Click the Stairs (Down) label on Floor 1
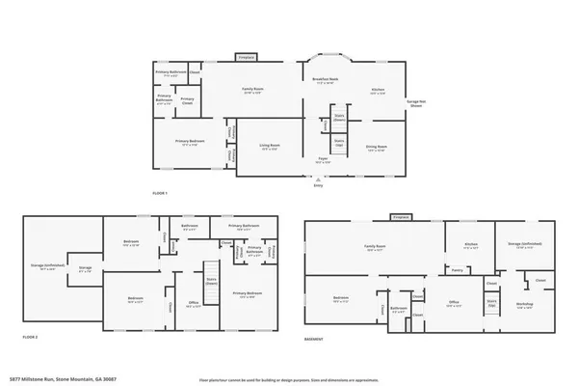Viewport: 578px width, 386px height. point(338,118)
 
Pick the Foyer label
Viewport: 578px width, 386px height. point(325,161)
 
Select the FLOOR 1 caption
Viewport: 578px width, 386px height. point(161,194)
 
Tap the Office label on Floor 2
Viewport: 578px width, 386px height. point(193,303)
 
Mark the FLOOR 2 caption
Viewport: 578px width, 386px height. point(30,337)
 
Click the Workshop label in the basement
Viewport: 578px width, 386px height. point(524,307)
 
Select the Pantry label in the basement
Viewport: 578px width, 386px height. point(458,270)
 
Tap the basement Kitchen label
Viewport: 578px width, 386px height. point(472,245)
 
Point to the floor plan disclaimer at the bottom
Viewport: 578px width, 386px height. point(289,378)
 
